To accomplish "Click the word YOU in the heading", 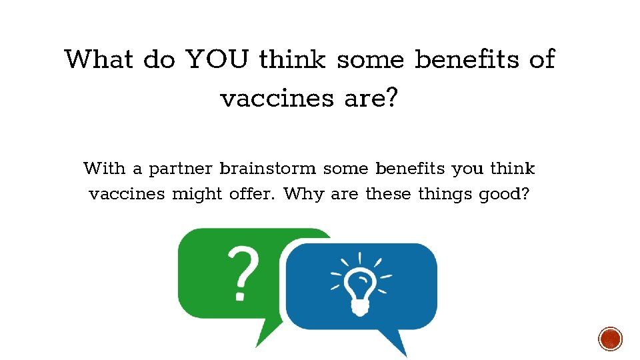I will click(x=217, y=59).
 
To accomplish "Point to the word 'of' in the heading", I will click(x=541, y=59).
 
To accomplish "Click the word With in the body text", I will click(x=104, y=168).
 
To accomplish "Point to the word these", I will click(x=389, y=195).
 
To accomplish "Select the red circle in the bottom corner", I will click(x=610, y=339).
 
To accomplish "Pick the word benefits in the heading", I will click(x=467, y=59).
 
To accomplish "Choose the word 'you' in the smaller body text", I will click(x=469, y=169).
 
